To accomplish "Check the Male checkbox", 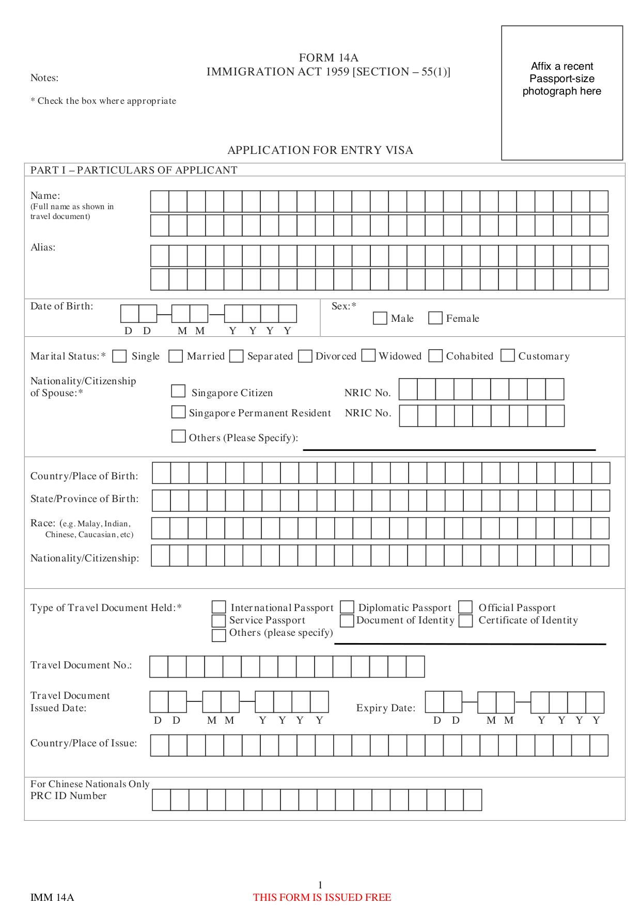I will (x=380, y=318).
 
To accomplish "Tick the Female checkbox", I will (x=435, y=318).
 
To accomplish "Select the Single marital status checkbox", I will (x=120, y=356).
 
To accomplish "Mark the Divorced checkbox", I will (x=305, y=356).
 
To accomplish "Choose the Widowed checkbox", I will (x=368, y=355).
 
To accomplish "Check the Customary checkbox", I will (x=508, y=355).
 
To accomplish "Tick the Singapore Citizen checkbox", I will (x=178, y=391).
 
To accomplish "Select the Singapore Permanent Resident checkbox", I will (x=178, y=412).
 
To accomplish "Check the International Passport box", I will (x=219, y=607).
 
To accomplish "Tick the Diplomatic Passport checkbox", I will (x=347, y=607).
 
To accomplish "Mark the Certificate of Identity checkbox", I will (x=466, y=620).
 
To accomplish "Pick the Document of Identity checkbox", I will (x=347, y=620).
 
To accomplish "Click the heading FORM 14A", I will (x=329, y=58).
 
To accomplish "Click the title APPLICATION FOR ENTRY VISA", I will (x=320, y=150).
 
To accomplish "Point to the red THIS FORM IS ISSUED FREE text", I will (x=322, y=897).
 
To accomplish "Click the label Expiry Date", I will (x=385, y=708).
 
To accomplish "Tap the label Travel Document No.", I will (x=81, y=665).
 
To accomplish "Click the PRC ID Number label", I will (x=68, y=796).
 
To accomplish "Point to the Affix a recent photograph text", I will (x=562, y=79).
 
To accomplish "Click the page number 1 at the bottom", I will (x=320, y=885).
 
